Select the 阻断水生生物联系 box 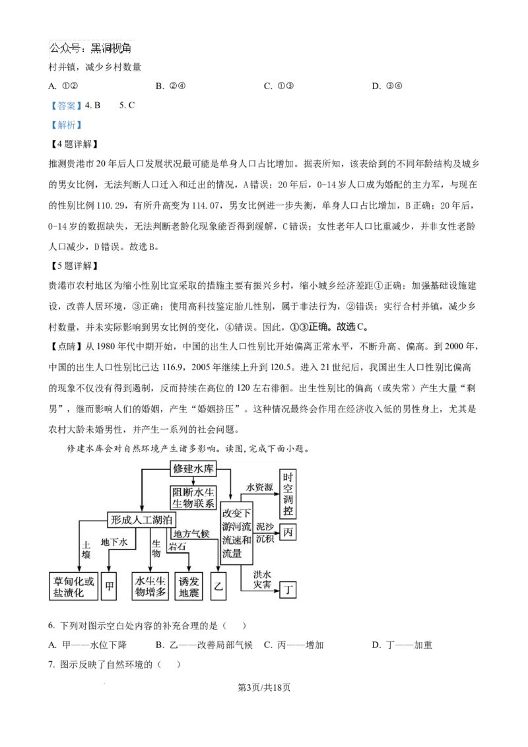193,498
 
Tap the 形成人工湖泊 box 142,520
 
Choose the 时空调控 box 288,494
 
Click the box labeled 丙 288,532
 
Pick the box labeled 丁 288,589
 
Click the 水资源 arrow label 259,487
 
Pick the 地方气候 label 191,533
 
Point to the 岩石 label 177,546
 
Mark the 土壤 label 86,551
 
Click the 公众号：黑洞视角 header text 90,49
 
